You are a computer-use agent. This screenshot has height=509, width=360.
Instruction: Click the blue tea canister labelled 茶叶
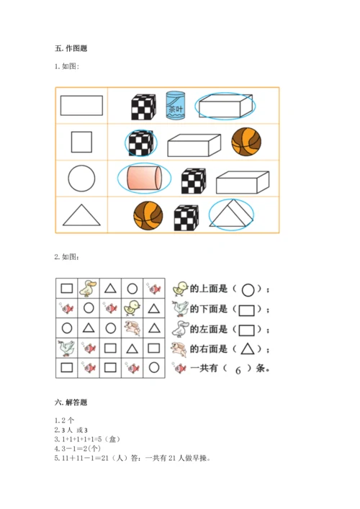click(175, 105)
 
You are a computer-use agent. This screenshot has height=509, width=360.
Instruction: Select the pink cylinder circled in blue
click(144, 178)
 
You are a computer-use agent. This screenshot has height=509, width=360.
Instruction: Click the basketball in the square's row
click(246, 142)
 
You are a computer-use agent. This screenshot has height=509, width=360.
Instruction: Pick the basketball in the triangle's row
click(148, 215)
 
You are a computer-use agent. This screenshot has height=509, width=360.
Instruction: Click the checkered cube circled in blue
click(141, 143)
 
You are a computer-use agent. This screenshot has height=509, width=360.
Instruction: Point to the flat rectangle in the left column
click(81, 105)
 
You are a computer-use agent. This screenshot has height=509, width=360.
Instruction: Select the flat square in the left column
click(81, 142)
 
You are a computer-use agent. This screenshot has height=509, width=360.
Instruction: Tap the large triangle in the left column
click(81, 215)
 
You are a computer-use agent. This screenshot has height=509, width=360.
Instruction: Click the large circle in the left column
click(81, 179)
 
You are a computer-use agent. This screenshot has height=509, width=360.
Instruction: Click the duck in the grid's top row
click(88, 288)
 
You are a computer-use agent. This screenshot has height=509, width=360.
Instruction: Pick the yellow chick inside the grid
click(132, 307)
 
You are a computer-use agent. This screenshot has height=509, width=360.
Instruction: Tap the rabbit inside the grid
click(132, 328)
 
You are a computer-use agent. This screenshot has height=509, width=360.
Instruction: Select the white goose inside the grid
click(66, 348)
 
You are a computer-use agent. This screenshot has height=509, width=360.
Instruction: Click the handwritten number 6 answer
click(238, 370)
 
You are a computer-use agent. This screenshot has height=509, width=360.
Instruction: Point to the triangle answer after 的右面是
click(247, 349)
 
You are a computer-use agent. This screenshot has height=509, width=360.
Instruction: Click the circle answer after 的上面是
click(248, 290)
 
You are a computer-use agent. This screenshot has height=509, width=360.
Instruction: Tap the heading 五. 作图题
click(71, 48)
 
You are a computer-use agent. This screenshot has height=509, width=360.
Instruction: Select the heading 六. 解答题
click(71, 402)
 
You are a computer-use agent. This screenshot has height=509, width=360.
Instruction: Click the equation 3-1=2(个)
click(78, 449)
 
